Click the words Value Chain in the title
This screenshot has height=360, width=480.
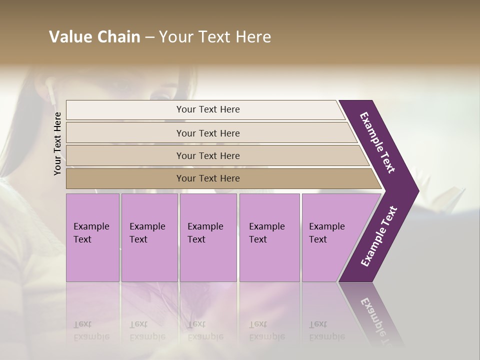tap(94, 37)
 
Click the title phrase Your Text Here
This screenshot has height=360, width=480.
tap(215, 37)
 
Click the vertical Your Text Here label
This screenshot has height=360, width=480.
tap(57, 143)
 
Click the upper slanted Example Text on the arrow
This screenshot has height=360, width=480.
tap(377, 142)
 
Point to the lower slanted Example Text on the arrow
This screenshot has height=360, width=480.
tap(378, 236)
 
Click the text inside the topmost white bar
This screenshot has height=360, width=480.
tap(208, 109)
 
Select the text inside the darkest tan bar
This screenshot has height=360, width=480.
tap(208, 178)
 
